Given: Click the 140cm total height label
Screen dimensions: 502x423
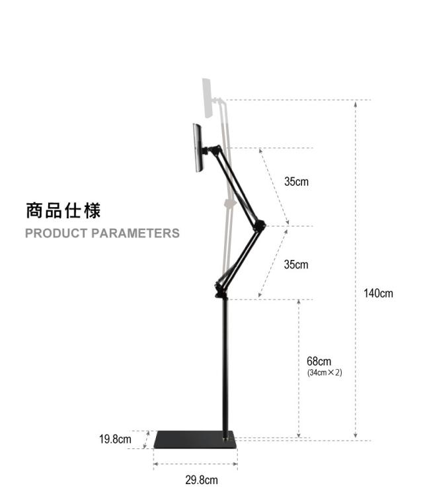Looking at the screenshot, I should click(x=378, y=293).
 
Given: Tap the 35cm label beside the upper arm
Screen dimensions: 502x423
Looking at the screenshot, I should click(x=296, y=181).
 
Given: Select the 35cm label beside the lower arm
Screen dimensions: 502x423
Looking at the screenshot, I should click(x=296, y=265).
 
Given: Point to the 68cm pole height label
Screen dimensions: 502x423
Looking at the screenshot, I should click(x=319, y=361).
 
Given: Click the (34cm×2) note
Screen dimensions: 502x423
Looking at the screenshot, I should click(x=325, y=373).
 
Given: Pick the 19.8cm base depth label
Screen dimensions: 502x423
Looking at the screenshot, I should click(x=115, y=439).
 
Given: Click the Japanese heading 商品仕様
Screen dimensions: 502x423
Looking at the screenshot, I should click(x=63, y=211).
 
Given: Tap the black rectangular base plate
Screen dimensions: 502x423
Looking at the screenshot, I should click(x=196, y=440).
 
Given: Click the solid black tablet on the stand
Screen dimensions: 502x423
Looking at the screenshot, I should click(x=197, y=148).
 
